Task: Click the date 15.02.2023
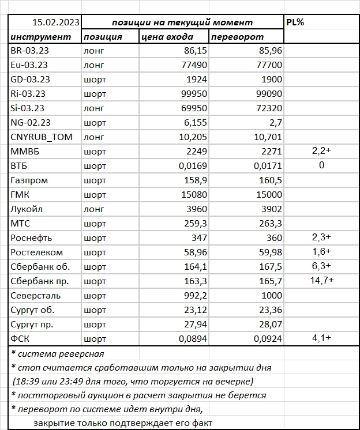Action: tap(56, 22)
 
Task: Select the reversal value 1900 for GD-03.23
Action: tap(269, 80)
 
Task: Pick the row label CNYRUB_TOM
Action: tap(39, 137)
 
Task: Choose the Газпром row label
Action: tap(29, 180)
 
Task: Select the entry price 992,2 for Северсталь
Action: tap(192, 295)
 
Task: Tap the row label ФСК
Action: tap(21, 338)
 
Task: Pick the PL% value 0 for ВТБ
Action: tap(321, 165)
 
